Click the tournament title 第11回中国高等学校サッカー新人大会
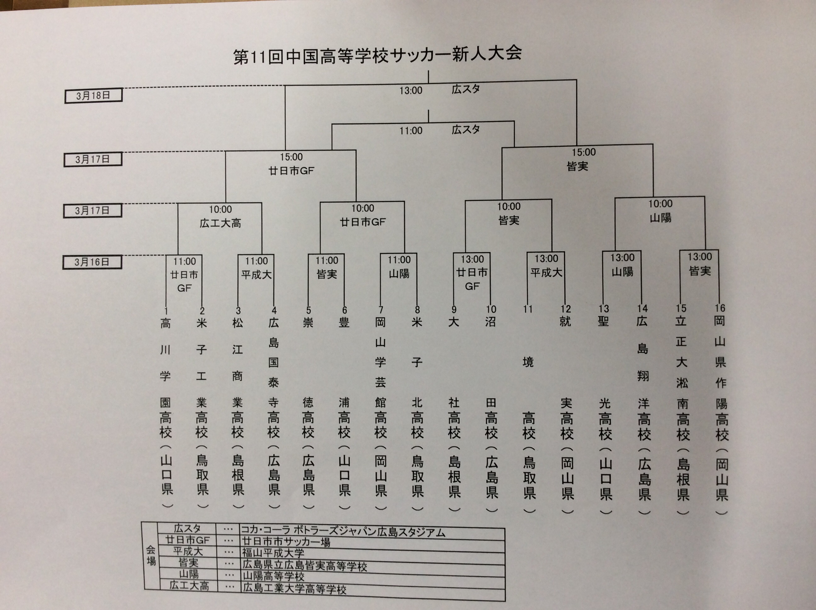coord(377,56)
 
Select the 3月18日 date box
coord(93,96)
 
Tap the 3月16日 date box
coord(92,262)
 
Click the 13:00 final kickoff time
coord(411,91)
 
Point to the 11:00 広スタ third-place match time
coord(411,131)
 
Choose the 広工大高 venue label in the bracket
coord(220,223)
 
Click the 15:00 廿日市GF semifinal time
coord(291,157)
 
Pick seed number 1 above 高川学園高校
coord(166,311)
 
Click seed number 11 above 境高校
coord(528,309)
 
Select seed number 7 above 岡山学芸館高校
coord(381,310)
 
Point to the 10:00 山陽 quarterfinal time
coord(660,204)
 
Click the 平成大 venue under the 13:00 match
coord(546,273)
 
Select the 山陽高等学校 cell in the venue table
coord(273,576)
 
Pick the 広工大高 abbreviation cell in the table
coord(189,586)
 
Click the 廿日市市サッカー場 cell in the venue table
coord(286,542)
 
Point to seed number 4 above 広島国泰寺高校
coord(274,311)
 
